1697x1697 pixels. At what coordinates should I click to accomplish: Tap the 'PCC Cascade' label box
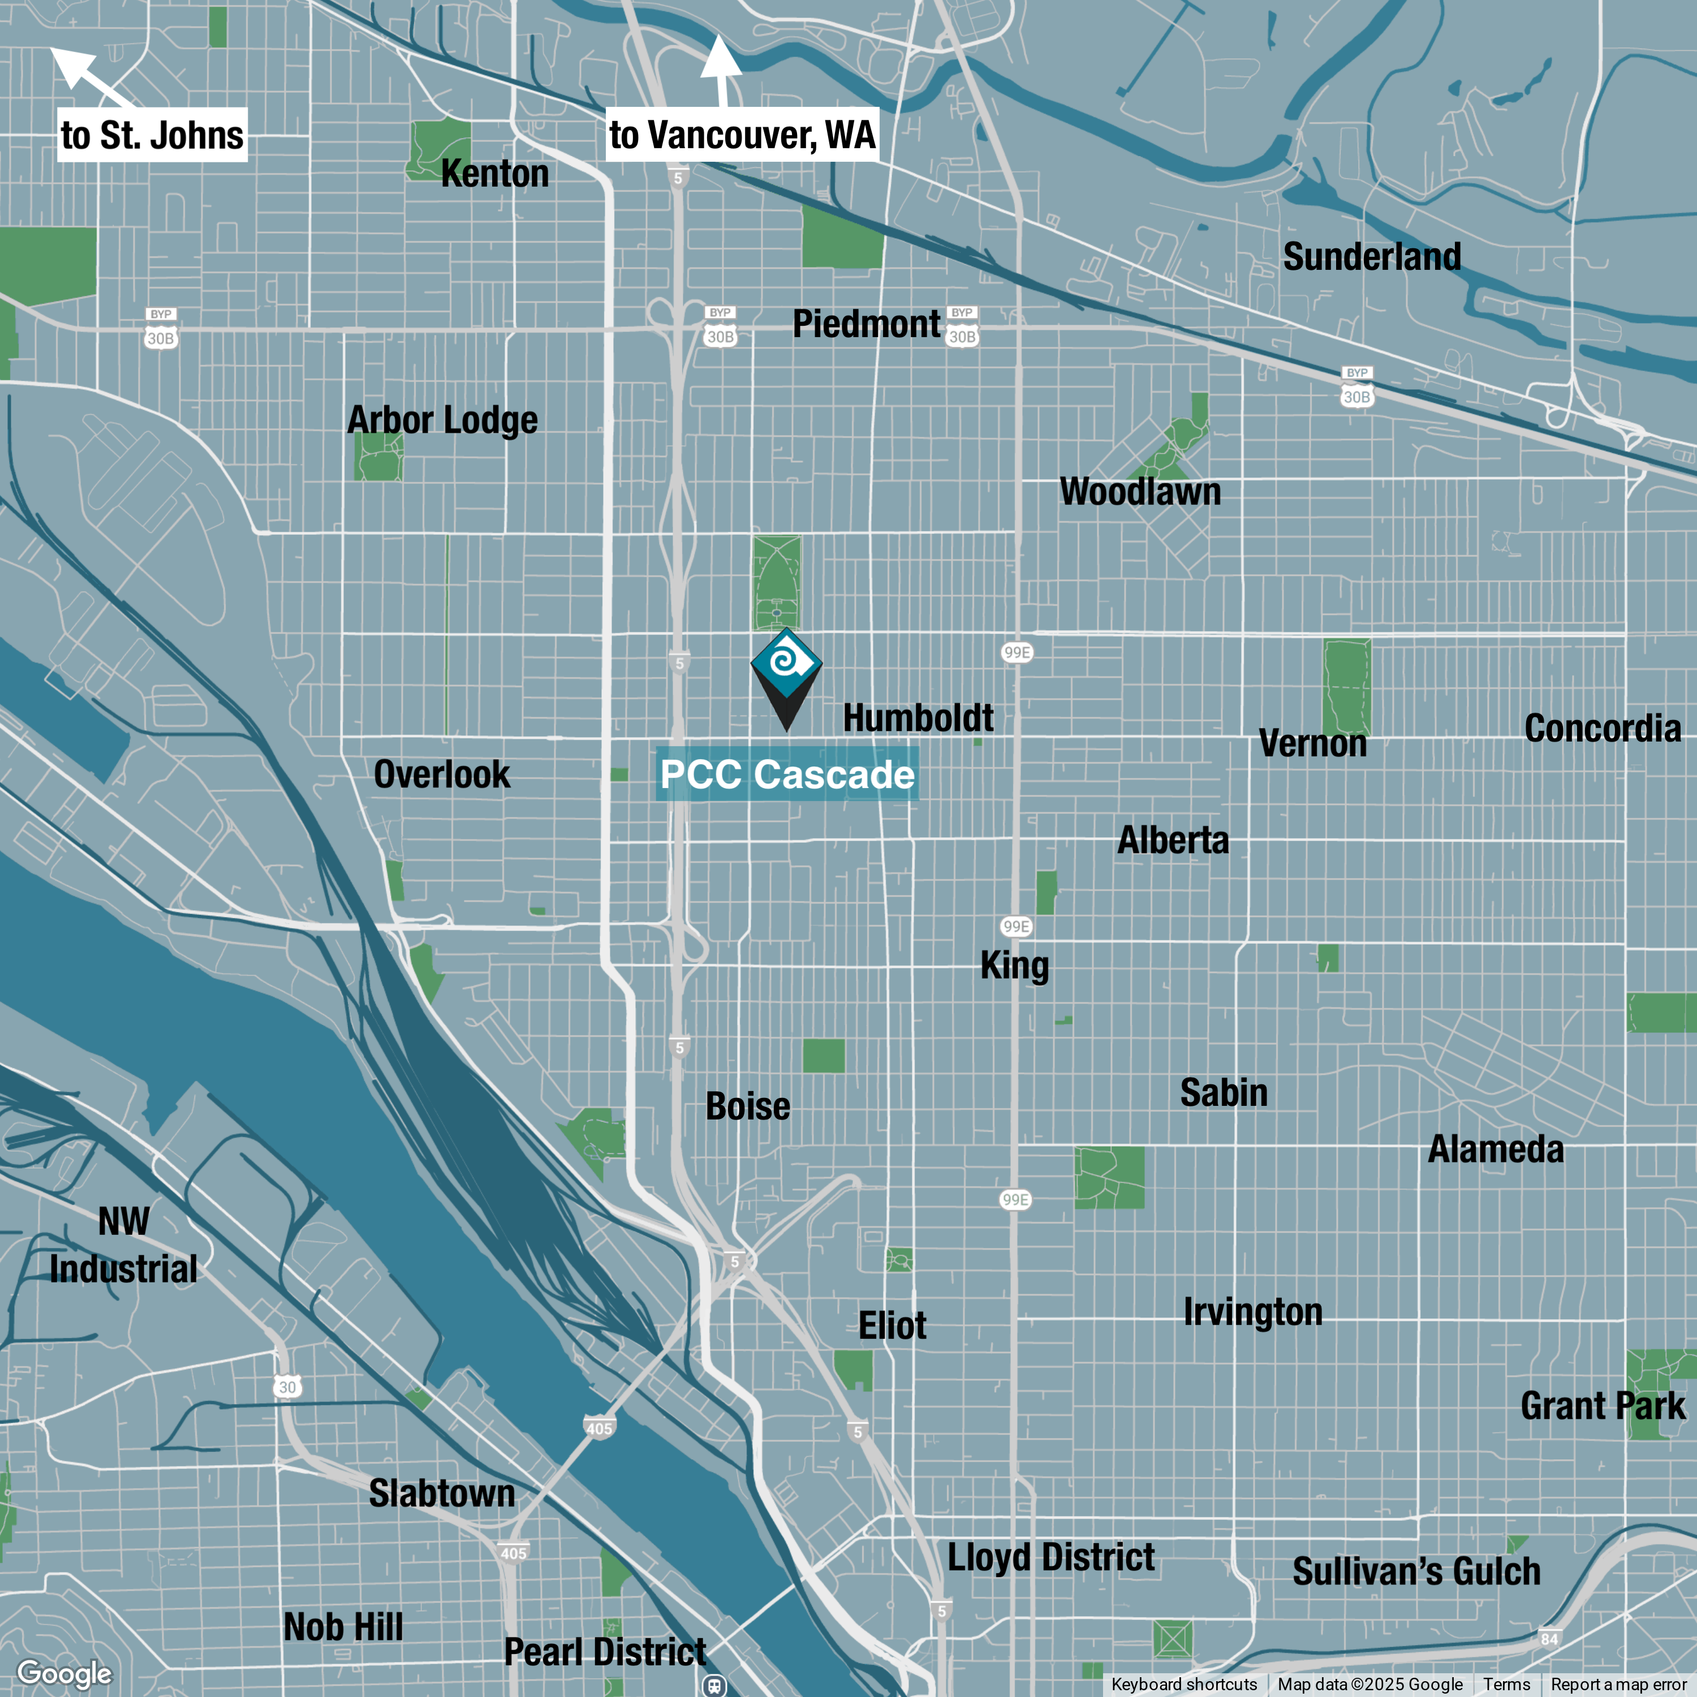787,774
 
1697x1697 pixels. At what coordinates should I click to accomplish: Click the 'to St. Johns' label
152,135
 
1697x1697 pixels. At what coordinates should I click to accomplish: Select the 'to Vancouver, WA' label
742,135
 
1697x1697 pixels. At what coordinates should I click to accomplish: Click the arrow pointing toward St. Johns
88,76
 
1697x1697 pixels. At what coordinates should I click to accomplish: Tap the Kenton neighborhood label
494,173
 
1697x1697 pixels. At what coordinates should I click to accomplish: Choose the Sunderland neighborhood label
1372,256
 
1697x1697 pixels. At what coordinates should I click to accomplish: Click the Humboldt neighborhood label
918,718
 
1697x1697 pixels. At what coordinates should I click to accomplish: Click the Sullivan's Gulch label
1416,1571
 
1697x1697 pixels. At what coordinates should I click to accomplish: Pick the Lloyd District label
1050,1557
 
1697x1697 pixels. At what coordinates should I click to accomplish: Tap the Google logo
64,1673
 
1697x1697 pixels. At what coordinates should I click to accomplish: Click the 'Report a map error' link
1618,1684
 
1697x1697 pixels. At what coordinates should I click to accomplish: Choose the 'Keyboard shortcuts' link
1183,1684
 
